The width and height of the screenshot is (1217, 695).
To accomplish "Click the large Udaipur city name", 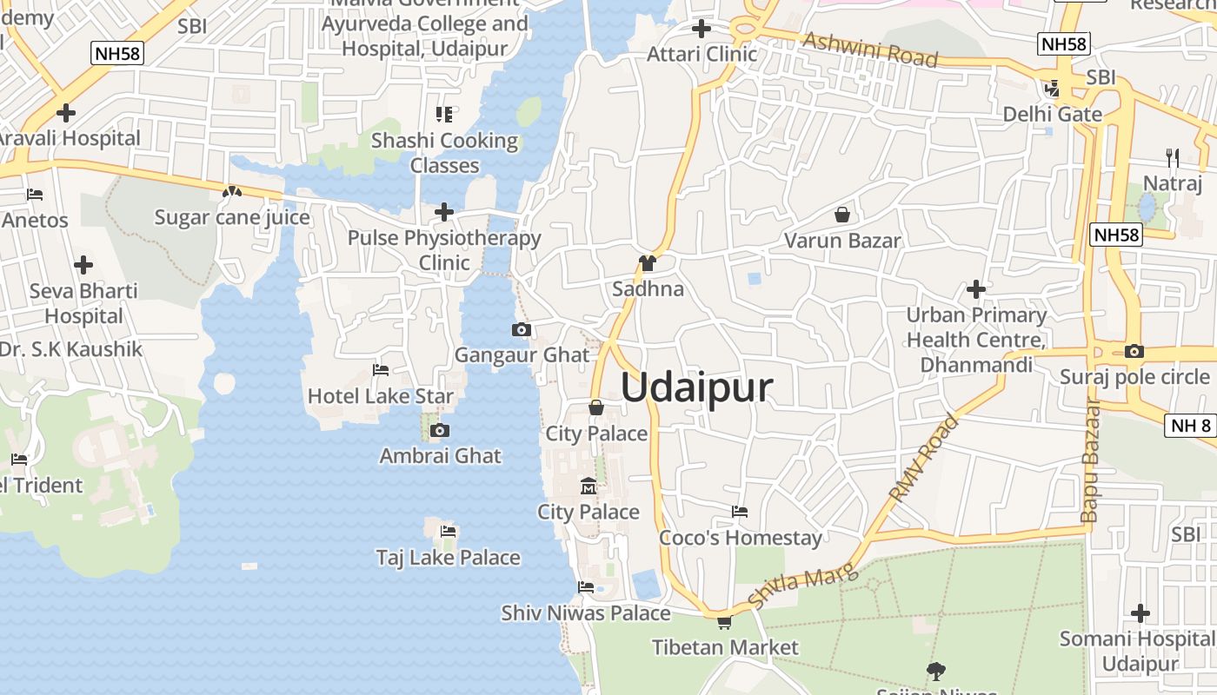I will [696, 387].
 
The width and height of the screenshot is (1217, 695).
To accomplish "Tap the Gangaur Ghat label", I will [522, 354].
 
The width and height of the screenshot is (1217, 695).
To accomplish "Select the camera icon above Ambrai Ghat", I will [440, 430].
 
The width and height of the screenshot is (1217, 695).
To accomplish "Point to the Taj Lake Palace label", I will [448, 557].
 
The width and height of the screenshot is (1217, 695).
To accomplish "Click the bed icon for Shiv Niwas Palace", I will [586, 587].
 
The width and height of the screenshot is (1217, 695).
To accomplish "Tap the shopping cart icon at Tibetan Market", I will [724, 622].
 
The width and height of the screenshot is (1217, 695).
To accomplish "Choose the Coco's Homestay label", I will [740, 538].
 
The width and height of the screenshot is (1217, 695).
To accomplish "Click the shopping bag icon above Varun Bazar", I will [841, 214].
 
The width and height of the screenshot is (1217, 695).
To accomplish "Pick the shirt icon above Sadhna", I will [647, 263].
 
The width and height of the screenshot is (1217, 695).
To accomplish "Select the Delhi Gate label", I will [1052, 114].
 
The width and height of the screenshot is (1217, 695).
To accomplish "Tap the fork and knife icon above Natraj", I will [1173, 157].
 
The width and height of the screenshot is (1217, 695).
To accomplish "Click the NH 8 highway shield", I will [1190, 425].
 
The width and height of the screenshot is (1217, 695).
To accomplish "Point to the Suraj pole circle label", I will [1134, 376].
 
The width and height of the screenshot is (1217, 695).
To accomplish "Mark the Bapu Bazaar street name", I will [1090, 460].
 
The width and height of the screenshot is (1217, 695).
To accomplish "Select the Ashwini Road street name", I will [870, 50].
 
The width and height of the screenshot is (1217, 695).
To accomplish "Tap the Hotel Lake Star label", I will [380, 396].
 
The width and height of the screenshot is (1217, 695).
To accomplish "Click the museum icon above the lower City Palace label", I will [588, 486].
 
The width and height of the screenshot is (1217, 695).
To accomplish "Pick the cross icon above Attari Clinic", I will [702, 29].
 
